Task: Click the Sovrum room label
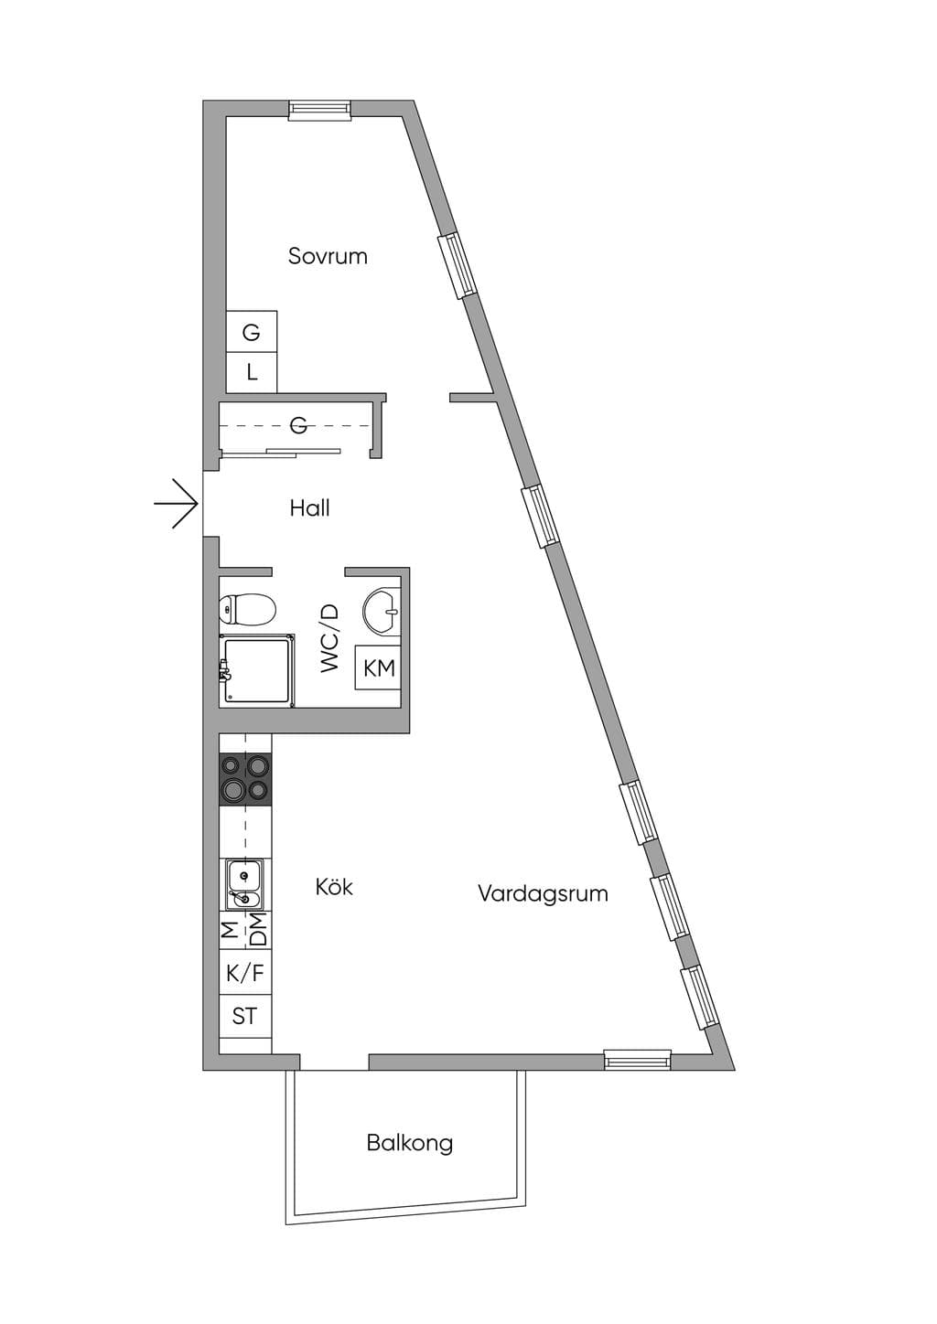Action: [328, 256]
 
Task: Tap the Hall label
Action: [309, 507]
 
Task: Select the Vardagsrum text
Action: [543, 893]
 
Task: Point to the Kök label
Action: [334, 886]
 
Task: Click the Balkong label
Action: [409, 1143]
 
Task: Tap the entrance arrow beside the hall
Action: [176, 504]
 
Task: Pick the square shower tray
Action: [257, 670]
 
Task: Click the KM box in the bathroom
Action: [378, 667]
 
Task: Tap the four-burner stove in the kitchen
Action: [246, 779]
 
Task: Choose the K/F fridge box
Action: [245, 972]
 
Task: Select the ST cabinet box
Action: [245, 1016]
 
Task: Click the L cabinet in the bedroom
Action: [252, 372]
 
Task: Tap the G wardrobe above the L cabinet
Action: [252, 332]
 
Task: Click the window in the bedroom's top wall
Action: [319, 111]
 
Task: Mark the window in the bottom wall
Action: [637, 1059]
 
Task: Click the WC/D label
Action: [329, 637]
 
